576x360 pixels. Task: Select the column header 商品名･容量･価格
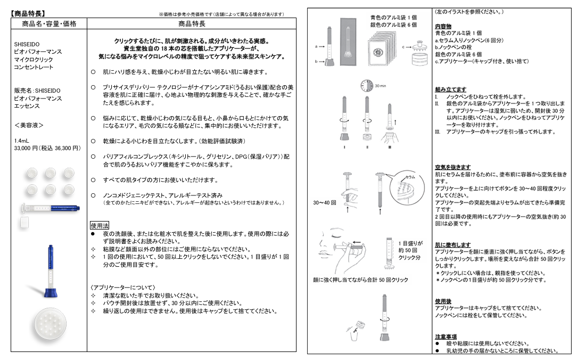tap(50, 24)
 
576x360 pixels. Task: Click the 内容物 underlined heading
tap(443, 26)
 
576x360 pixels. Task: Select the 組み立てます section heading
tap(450, 89)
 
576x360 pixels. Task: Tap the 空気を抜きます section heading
tap(452, 167)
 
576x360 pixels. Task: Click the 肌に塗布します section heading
tap(452, 245)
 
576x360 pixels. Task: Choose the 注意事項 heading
tap(446, 337)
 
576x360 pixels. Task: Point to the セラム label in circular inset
tap(410, 176)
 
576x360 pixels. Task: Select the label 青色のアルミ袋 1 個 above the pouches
tap(393, 18)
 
